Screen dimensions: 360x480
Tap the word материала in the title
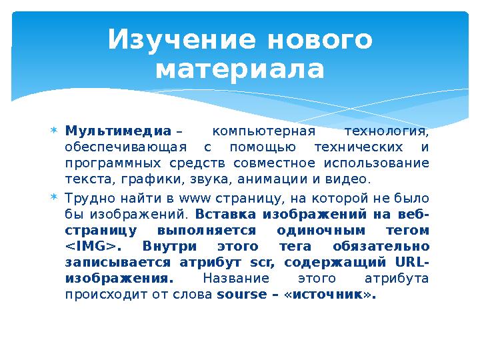pos(239,69)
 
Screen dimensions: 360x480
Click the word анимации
pos(275,179)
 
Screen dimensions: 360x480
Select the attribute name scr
pos(256,263)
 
